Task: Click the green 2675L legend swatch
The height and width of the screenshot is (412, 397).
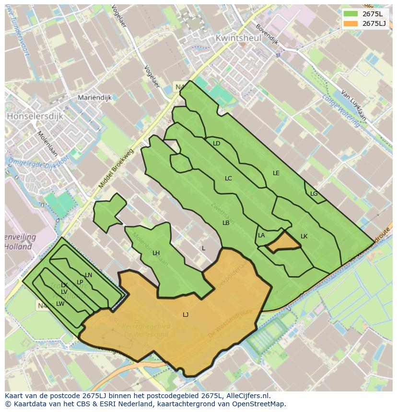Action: click(351, 13)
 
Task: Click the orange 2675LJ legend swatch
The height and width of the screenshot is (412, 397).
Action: click(351, 23)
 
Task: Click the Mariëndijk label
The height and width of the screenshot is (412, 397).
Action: click(95, 98)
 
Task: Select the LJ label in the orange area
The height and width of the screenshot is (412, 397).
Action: click(186, 314)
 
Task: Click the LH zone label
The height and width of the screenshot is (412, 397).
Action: click(156, 253)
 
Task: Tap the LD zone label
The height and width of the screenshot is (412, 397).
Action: click(216, 144)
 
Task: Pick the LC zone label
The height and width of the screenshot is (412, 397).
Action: click(228, 178)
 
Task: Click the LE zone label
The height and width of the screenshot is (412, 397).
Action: click(276, 173)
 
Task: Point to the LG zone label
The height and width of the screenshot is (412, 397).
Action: click(314, 194)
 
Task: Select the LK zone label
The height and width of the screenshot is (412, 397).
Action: click(304, 236)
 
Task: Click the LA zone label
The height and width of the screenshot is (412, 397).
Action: click(261, 235)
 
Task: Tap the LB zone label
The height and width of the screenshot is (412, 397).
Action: click(226, 223)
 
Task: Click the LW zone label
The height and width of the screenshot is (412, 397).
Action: click(60, 304)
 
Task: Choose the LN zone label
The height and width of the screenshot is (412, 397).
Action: click(88, 275)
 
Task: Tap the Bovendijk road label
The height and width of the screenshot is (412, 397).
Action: click(267, 34)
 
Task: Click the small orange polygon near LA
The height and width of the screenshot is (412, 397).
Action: click(283, 242)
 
